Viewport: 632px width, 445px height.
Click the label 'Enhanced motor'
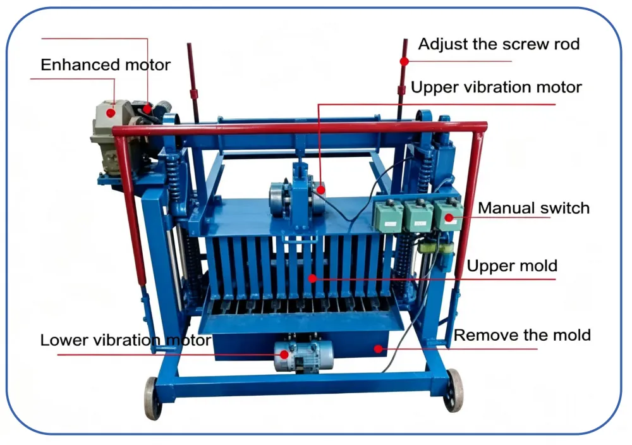106,65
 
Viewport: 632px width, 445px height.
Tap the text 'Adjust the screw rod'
499,44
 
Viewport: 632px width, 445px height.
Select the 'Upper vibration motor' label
496,87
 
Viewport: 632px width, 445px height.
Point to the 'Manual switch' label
533,208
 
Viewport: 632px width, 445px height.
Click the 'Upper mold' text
512,266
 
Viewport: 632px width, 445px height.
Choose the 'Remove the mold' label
523,335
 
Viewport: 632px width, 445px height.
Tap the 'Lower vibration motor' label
126,340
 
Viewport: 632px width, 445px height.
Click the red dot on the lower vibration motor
284,355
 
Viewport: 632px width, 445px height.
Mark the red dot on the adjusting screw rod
404,61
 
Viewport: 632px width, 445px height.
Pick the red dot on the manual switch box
449,218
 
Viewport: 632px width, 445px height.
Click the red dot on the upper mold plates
312,278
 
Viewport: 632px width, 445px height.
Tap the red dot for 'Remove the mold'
378,349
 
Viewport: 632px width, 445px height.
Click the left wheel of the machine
152,398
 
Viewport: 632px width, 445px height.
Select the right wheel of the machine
454,390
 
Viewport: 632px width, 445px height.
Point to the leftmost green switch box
389,216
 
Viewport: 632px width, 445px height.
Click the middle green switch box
419,216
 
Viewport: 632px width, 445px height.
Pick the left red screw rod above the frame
193,83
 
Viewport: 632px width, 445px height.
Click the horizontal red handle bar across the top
300,129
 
